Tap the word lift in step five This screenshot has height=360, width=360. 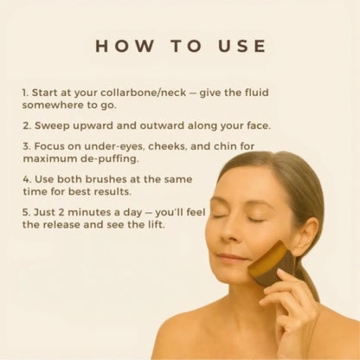pyautogui.click(x=161, y=224)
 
